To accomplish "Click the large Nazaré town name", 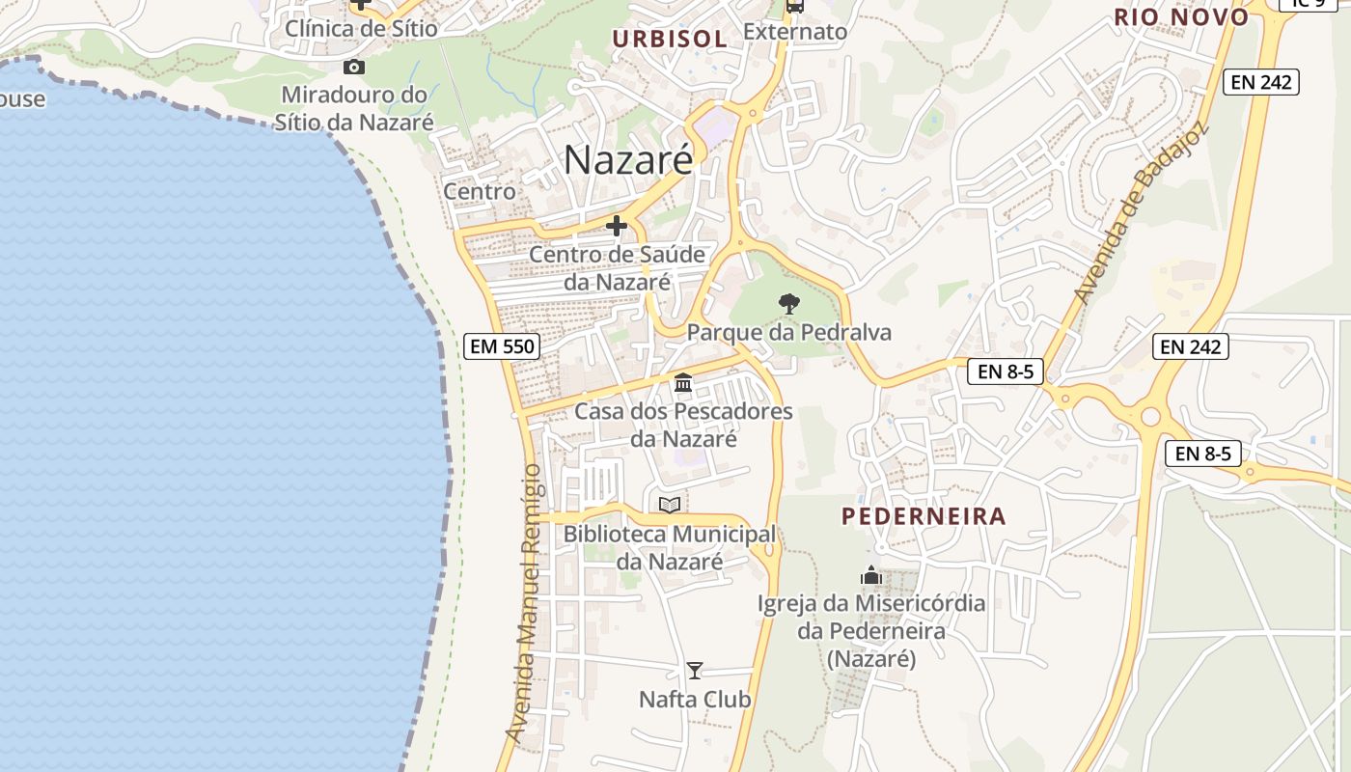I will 628,159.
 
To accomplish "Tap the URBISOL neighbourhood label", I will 670,39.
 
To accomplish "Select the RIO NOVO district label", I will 1181,17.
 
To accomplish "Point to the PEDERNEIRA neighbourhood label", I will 924,516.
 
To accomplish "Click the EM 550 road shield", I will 501,345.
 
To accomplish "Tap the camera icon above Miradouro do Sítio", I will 354,67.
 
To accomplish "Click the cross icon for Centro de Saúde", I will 616,226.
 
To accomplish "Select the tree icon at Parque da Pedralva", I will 788,304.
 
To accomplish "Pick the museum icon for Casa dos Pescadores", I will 683,383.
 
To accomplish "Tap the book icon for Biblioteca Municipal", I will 669,505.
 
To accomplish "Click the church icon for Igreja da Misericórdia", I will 871,576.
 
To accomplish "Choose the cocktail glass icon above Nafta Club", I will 694,670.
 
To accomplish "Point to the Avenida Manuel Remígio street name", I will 527,603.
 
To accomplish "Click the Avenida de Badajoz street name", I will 1142,212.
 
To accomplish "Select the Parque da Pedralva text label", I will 788,333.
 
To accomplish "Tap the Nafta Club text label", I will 695,699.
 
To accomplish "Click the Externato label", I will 795,32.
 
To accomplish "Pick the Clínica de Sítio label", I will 361,29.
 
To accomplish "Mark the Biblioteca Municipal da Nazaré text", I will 670,547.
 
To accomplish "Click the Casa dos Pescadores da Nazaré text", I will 683,425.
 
